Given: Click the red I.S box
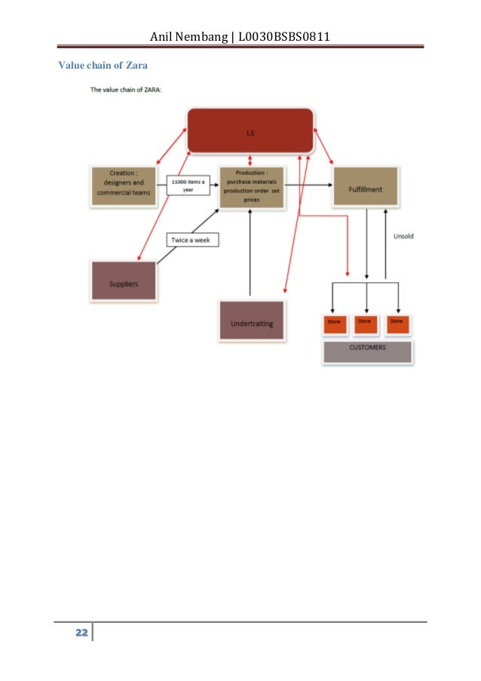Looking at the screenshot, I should tap(250, 132).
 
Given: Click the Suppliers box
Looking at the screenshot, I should tap(124, 281).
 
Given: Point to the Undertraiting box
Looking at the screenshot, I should tap(251, 322).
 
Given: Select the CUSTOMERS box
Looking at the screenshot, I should tap(367, 349).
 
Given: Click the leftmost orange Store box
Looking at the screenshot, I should tap(334, 323).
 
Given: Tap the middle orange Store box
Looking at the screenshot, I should tap(365, 323).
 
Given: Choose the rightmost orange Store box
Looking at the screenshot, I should tap(397, 323).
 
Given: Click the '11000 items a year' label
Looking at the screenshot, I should tap(188, 186).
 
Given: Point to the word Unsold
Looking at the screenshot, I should tap(403, 237).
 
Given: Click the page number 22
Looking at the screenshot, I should tap(80, 632).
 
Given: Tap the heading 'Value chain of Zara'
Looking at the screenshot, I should tap(103, 66).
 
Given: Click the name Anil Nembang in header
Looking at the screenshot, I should tap(189, 36).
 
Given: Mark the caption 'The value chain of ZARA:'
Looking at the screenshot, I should tap(126, 90).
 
